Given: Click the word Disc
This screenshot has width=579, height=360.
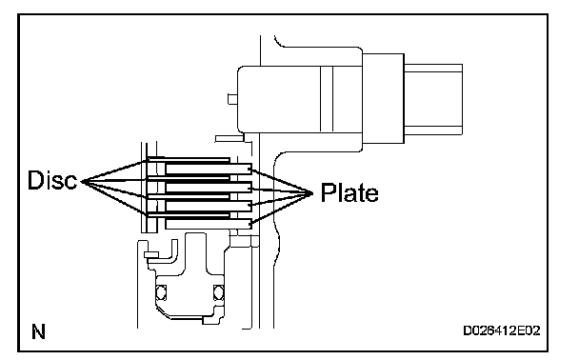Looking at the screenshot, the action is tap(52, 180).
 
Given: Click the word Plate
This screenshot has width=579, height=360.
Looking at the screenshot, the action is tap(349, 192).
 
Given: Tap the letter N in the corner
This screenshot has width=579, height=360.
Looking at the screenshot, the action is tap(38, 331).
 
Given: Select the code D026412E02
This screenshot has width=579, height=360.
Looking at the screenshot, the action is tap(502, 330).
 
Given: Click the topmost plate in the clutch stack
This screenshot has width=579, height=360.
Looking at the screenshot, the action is tap(209, 169).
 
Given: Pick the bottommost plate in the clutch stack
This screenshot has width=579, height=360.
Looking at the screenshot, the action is tap(209, 224).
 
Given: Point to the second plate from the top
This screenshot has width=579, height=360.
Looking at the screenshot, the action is tap(209, 188).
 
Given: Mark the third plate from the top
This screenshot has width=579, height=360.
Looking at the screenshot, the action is tap(209, 206).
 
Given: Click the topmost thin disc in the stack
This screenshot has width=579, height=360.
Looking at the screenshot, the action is tap(189, 160).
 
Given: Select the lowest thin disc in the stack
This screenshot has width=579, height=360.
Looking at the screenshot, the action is tap(189, 215).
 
